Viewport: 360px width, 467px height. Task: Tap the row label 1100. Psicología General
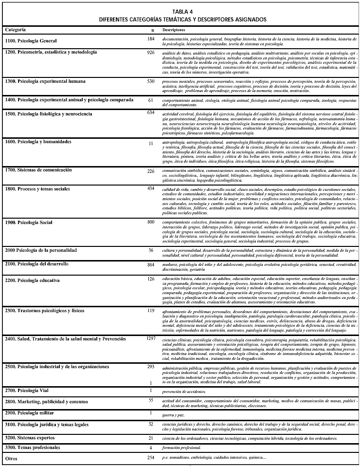pos(31,40)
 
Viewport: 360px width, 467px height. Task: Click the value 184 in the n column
pos(151,38)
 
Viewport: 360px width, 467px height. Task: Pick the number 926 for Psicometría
pos(150,52)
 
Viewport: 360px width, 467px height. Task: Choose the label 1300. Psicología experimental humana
pos(45,81)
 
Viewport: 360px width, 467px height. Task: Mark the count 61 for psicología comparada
pos(150,100)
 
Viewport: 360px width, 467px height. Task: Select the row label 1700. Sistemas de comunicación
pos(38,170)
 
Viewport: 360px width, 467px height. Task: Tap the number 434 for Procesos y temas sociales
pos(151,188)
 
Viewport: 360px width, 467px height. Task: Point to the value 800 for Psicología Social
pos(151,222)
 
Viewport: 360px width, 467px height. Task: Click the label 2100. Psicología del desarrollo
pos(36,263)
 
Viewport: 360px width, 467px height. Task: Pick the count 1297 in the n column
pos(151,338)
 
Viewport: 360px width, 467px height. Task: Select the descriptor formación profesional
pos(181,447)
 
